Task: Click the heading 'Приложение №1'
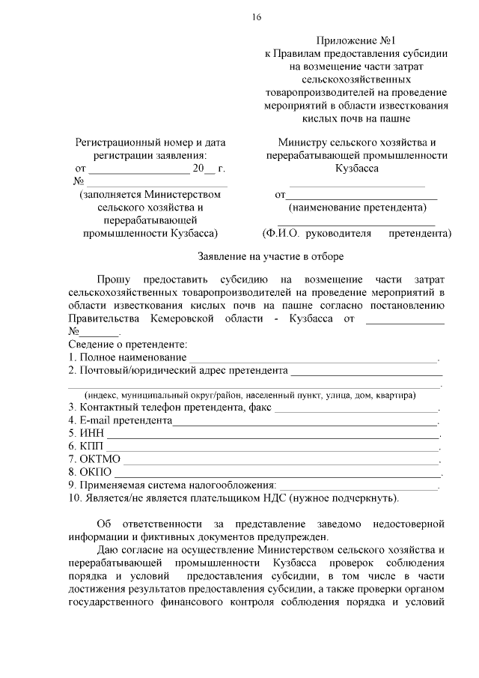pyautogui.click(x=356, y=40)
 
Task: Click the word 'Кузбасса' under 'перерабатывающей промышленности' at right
pyautogui.click(x=357, y=169)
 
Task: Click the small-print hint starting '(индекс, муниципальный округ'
pyautogui.click(x=251, y=395)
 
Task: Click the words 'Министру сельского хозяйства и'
pyautogui.click(x=357, y=142)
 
